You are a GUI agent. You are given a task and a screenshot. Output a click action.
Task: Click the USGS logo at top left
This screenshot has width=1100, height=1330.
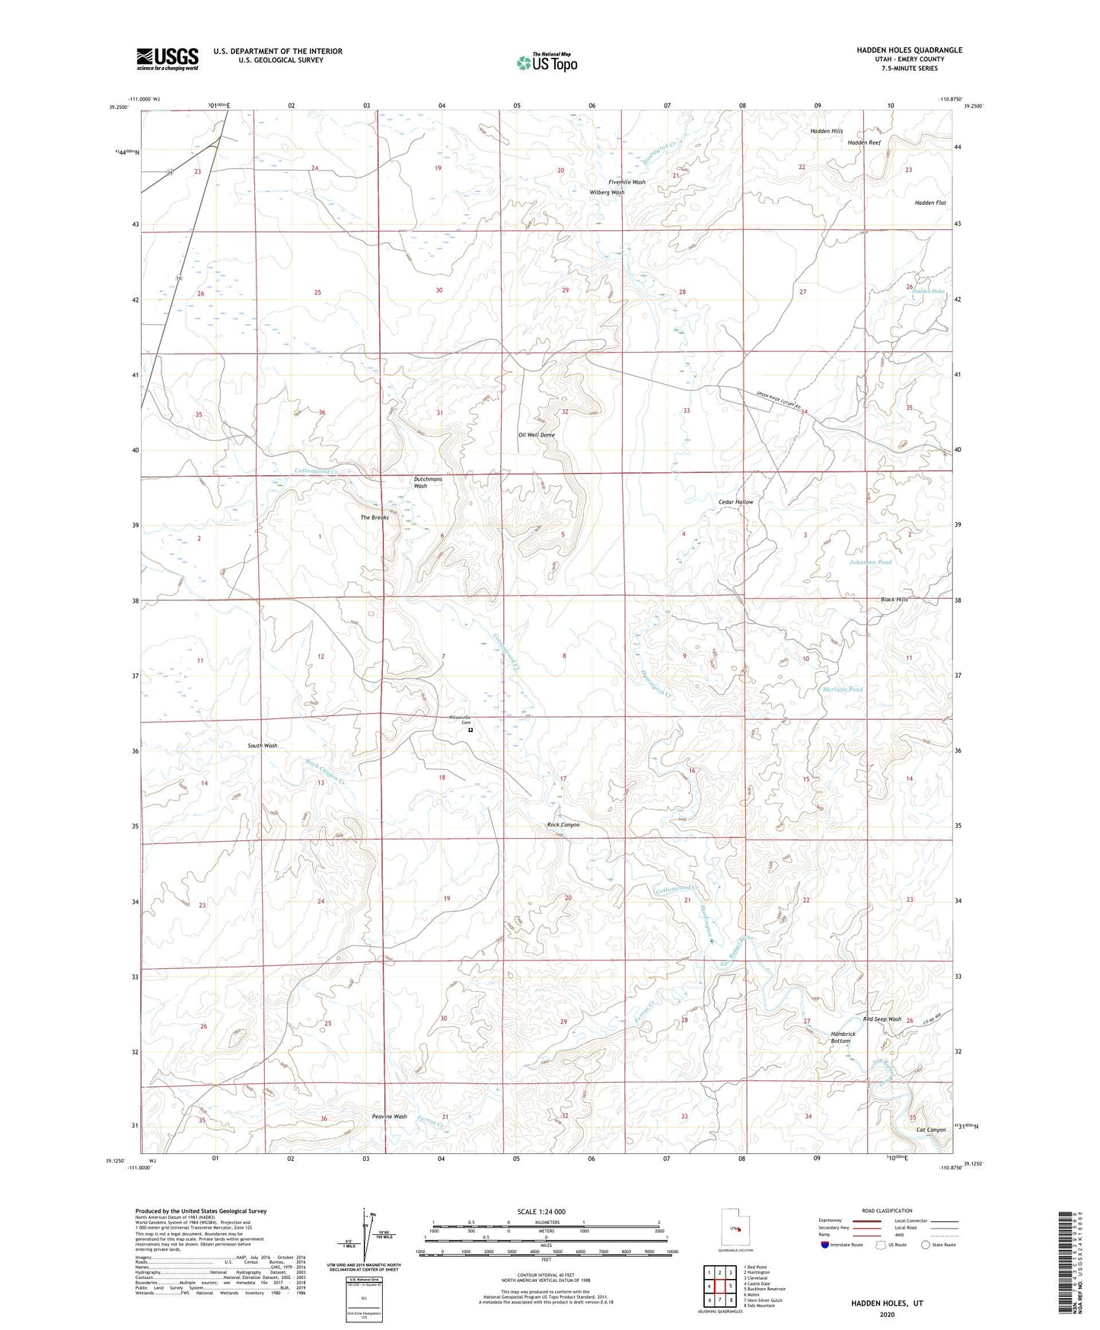167,59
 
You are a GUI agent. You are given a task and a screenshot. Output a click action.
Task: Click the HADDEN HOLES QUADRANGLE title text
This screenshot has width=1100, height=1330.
909,50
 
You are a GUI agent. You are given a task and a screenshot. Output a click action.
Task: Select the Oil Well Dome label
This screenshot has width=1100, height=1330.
537,435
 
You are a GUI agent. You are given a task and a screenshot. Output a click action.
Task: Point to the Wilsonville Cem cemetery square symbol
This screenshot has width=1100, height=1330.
470,731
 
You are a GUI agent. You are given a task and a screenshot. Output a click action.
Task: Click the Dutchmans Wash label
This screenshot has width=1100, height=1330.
428,482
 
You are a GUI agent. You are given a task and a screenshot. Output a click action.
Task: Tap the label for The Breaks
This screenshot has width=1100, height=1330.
375,517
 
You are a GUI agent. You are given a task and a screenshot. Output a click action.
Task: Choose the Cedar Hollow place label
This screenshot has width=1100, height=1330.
735,503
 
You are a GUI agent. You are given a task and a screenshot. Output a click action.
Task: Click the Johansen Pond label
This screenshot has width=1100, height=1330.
870,562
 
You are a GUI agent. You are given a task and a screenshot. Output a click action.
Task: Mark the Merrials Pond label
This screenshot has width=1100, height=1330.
843,689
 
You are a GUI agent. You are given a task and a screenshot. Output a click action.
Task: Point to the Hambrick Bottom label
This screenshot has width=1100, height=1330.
843,1037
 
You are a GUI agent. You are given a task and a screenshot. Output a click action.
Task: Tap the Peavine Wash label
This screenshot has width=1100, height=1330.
389,1117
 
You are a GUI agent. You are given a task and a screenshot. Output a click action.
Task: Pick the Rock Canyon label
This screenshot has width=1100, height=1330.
563,825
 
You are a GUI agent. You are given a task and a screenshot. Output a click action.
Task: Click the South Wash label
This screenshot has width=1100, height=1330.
263,746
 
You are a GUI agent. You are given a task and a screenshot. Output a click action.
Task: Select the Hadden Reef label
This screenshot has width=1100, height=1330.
864,142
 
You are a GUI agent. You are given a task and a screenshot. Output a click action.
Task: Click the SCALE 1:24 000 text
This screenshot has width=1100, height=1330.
540,1211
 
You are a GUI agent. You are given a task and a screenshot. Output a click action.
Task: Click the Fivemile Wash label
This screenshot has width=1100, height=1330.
627,182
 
